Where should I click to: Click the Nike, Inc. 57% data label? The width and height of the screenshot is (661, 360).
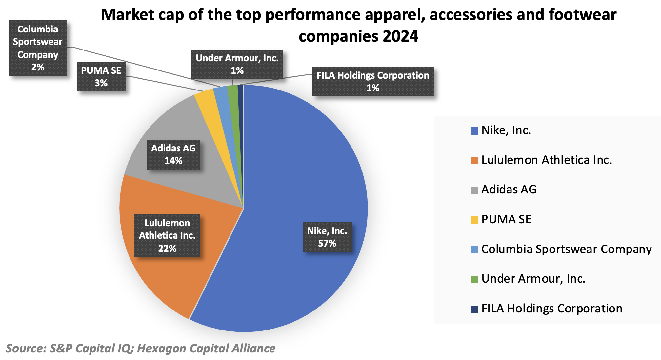327,237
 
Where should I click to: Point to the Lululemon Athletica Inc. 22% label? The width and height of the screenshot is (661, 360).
167,235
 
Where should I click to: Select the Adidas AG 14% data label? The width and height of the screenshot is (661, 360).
173,154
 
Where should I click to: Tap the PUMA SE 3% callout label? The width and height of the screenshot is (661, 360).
101,77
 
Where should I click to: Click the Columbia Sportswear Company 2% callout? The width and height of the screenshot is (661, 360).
38,48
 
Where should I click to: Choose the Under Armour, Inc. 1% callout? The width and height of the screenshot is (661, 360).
237,64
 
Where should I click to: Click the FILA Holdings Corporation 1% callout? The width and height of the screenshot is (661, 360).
373,82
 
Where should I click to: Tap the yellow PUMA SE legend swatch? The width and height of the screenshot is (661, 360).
474,220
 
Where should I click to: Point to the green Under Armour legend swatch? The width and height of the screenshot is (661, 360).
474,279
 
